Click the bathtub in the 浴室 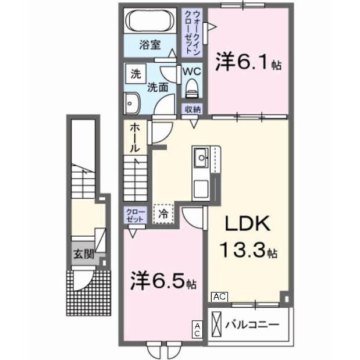(x=149, y=22)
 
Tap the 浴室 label (x=149, y=44)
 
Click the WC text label (x=191, y=72)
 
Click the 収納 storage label (x=193, y=109)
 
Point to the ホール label (x=134, y=138)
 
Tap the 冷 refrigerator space (x=163, y=213)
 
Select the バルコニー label (x=252, y=323)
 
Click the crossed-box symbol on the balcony (x=216, y=323)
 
